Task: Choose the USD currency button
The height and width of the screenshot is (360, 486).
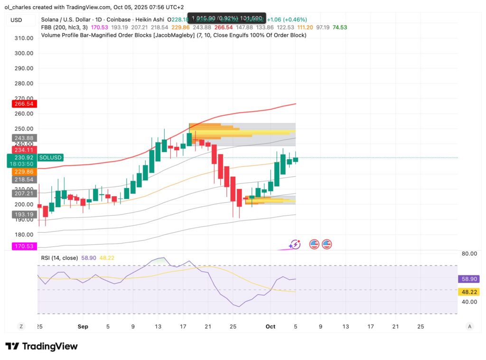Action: pyautogui.click(x=16, y=20)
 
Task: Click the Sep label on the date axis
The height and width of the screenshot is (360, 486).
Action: pyautogui.click(x=83, y=327)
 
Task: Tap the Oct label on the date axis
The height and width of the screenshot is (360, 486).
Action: pyautogui.click(x=271, y=327)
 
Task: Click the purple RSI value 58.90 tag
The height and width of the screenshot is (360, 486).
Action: pyautogui.click(x=467, y=279)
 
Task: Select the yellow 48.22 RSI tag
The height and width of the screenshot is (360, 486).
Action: pyautogui.click(x=467, y=292)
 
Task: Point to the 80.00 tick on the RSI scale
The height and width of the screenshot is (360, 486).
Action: pyautogui.click(x=469, y=254)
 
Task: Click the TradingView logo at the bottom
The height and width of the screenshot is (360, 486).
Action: pyautogui.click(x=41, y=346)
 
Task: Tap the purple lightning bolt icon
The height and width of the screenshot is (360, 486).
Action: pyautogui.click(x=296, y=244)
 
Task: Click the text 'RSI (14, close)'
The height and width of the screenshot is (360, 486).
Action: pyautogui.click(x=60, y=257)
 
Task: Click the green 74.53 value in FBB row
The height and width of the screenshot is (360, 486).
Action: pyautogui.click(x=339, y=27)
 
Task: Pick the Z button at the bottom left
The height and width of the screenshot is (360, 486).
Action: pyautogui.click(x=21, y=326)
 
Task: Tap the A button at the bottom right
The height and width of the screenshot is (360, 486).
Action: pyautogui.click(x=469, y=326)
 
